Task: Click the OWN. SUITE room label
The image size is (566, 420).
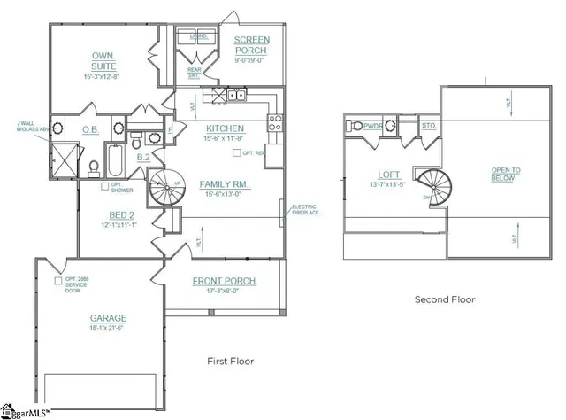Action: [104, 60]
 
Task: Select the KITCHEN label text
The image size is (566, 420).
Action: [225, 128]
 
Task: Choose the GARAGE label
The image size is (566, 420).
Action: [107, 318]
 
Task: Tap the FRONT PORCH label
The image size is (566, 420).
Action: [225, 281]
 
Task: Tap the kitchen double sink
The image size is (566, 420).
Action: [235, 95]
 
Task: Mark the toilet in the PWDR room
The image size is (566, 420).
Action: [352, 127]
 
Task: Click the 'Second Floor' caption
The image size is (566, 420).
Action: [445, 299]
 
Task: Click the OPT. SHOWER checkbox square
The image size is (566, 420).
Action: [103, 185]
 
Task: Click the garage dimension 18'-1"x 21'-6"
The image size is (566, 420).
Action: [107, 329]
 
